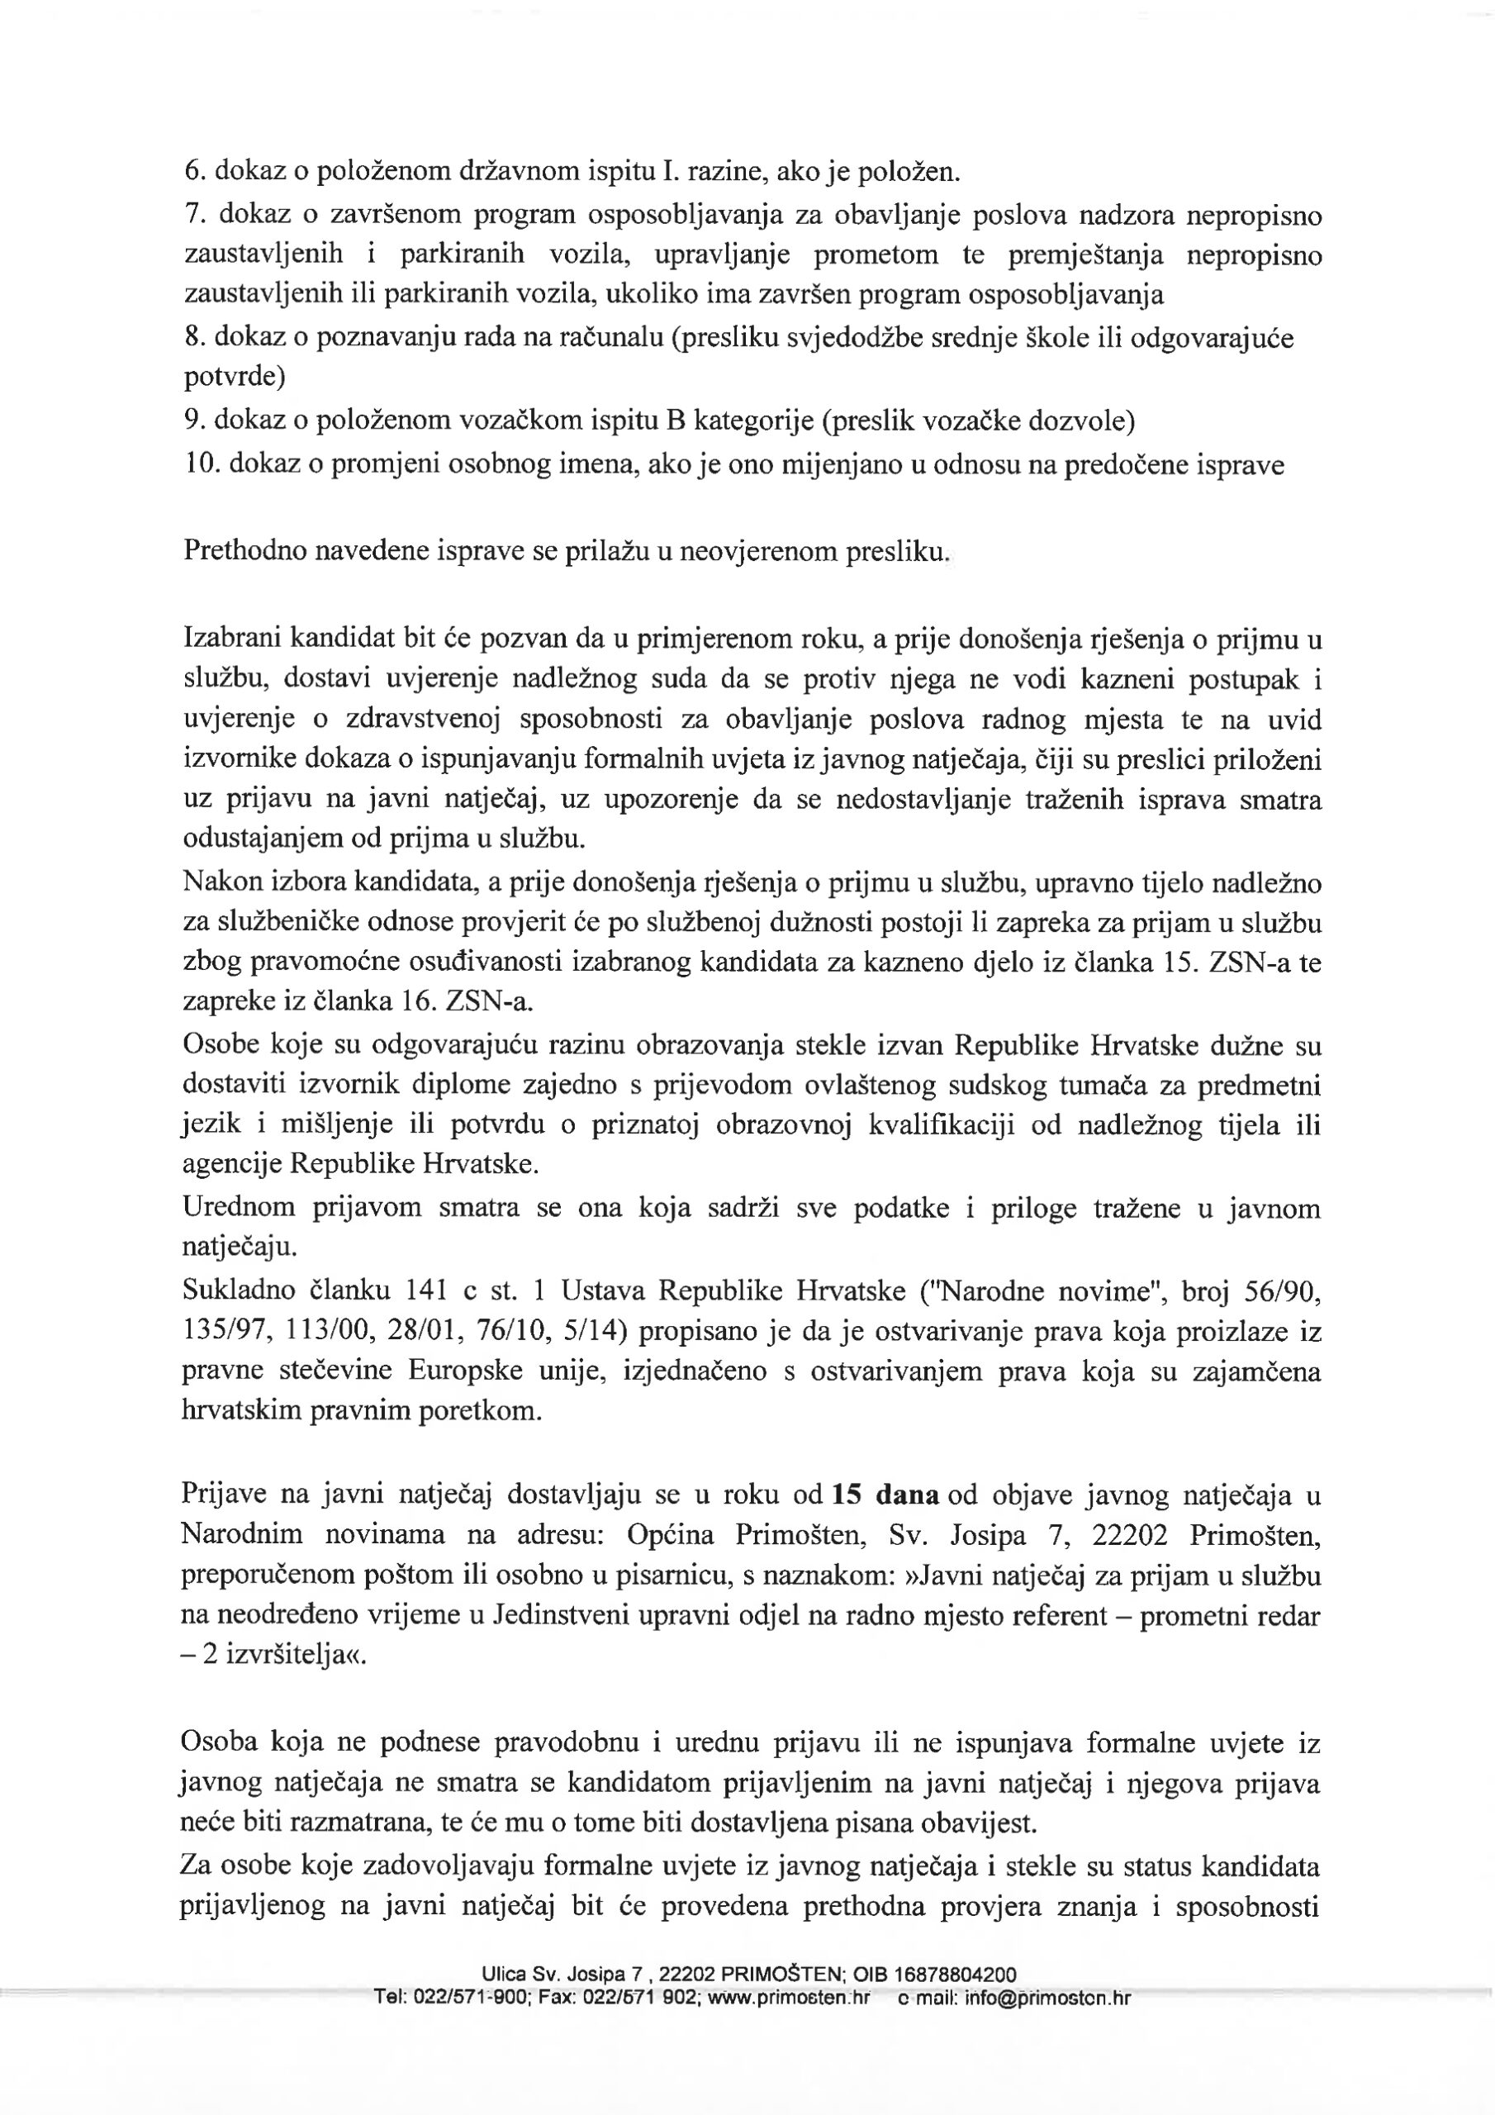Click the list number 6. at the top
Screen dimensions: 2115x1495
(x=194, y=171)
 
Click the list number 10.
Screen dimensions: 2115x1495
(x=200, y=465)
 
